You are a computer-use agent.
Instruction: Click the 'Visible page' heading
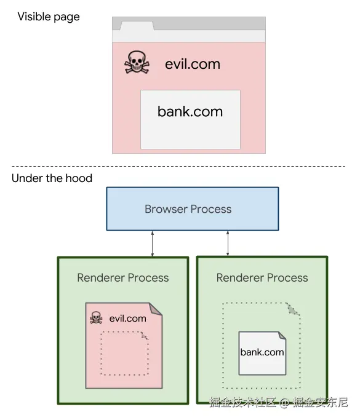pyautogui.click(x=49, y=17)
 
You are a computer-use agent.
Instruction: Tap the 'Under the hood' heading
pyautogui.click(x=52, y=178)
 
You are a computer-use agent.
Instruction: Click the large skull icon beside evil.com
pyautogui.click(x=137, y=62)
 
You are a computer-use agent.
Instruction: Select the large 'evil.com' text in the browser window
pyautogui.click(x=193, y=65)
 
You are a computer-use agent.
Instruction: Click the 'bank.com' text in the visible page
pyautogui.click(x=190, y=111)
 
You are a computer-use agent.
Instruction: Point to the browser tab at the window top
pyautogui.click(x=137, y=26)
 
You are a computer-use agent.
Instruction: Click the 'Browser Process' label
pyautogui.click(x=188, y=209)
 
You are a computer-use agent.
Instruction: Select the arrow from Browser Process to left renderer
pyautogui.click(x=153, y=244)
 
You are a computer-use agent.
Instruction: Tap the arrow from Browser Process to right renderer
pyautogui.click(x=228, y=244)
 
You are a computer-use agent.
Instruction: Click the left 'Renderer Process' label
pyautogui.click(x=123, y=278)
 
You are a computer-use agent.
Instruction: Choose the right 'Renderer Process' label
pyautogui.click(x=262, y=278)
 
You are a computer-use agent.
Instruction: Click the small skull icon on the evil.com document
pyautogui.click(x=96, y=318)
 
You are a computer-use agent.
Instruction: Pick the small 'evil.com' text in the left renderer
pyautogui.click(x=127, y=319)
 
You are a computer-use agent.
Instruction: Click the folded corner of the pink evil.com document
pyautogui.click(x=155, y=309)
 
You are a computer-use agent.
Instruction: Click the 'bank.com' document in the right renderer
pyautogui.click(x=262, y=353)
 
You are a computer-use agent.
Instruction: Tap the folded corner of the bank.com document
pyautogui.click(x=282, y=336)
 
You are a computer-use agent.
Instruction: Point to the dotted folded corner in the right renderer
pyautogui.click(x=293, y=309)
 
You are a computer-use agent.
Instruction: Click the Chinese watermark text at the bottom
pyautogui.click(x=278, y=402)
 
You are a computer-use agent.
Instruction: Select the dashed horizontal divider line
pyautogui.click(x=178, y=166)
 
